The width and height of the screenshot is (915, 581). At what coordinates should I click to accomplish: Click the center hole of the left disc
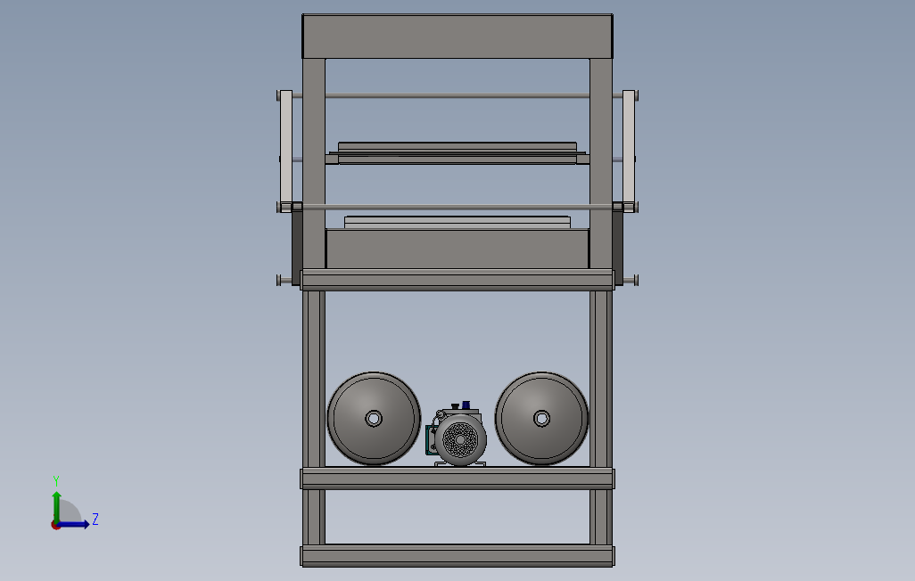(373, 418)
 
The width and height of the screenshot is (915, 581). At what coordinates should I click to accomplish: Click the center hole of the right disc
(540, 418)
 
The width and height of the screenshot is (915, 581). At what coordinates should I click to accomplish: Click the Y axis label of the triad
(56, 480)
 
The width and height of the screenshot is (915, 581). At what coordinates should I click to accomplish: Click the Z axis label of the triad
(95, 520)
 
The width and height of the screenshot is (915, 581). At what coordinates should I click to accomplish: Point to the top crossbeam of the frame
(457, 37)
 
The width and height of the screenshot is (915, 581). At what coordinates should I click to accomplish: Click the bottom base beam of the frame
(457, 556)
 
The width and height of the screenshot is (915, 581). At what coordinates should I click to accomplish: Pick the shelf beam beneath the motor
(457, 479)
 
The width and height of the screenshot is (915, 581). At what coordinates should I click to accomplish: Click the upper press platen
(457, 147)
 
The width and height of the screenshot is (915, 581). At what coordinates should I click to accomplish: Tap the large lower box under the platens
(457, 249)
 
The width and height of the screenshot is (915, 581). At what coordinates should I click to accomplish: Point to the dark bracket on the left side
(296, 245)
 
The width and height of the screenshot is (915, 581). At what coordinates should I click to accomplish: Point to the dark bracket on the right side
(618, 245)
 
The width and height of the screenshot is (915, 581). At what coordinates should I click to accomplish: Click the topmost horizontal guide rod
(457, 96)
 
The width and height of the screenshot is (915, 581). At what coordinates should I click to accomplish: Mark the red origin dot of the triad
(55, 525)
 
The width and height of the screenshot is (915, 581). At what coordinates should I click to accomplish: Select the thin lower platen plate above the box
(457, 220)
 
